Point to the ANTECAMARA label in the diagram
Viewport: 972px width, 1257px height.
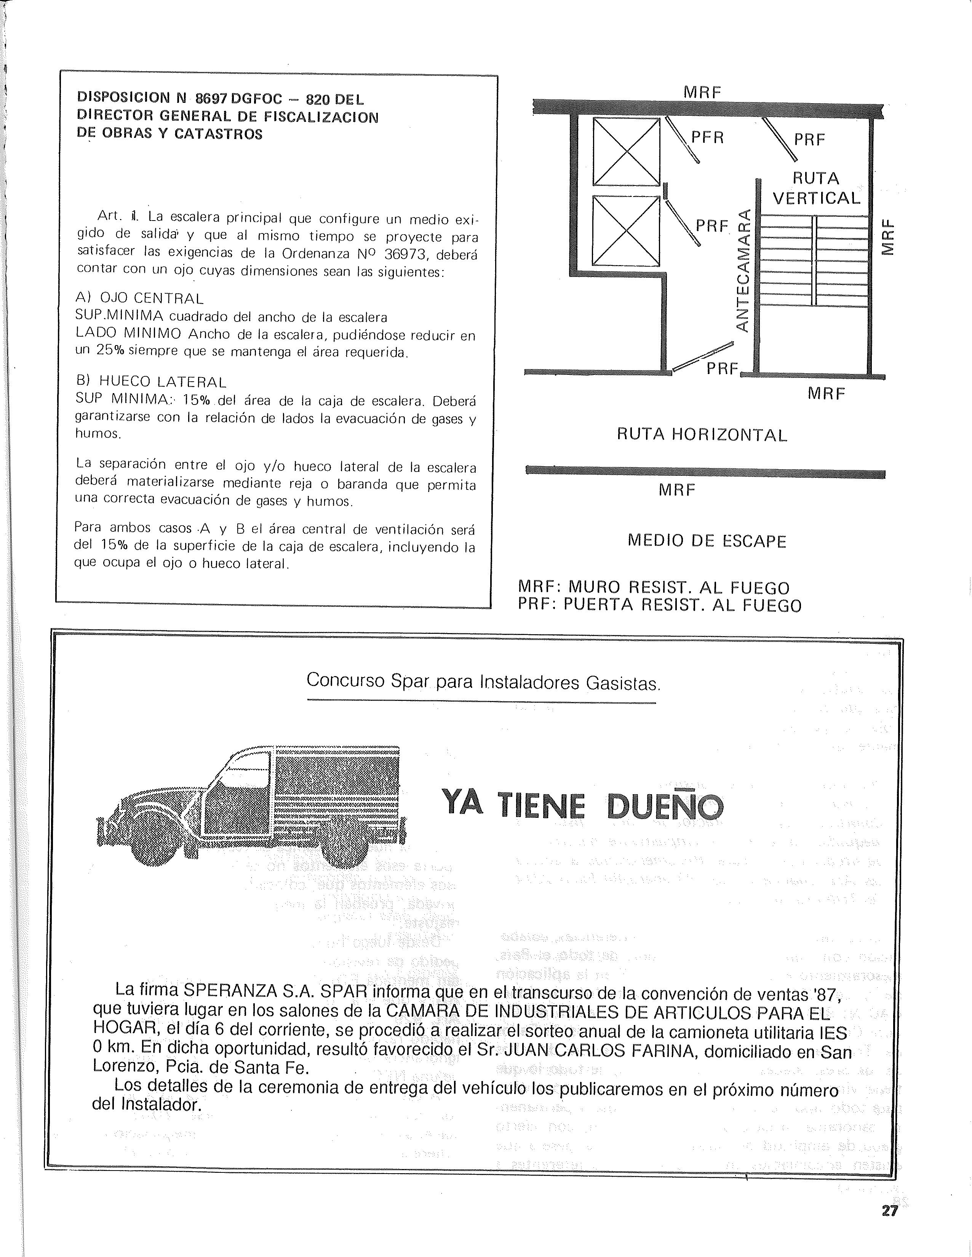click(x=743, y=270)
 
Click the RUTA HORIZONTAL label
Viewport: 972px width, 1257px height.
click(x=702, y=435)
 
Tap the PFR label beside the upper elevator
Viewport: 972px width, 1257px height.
click(x=707, y=138)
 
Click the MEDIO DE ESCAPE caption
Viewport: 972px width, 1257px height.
click(x=707, y=541)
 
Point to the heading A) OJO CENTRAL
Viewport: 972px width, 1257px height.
click(x=139, y=298)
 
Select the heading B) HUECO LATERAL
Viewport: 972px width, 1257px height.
click(x=151, y=382)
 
